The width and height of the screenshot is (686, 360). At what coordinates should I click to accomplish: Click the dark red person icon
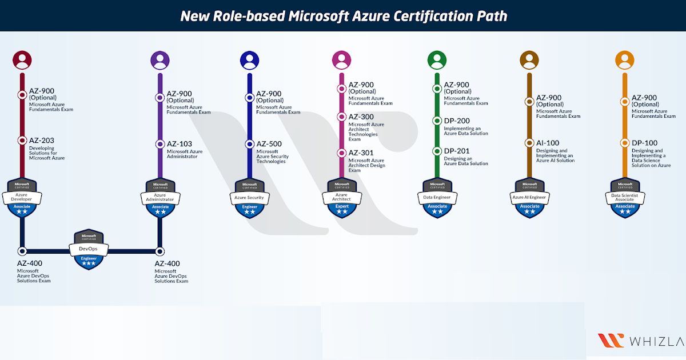pyautogui.click(x=22, y=60)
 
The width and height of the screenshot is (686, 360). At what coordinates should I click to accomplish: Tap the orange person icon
pyautogui.click(x=625, y=60)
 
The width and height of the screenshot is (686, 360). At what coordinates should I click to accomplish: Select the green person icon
pyautogui.click(x=437, y=60)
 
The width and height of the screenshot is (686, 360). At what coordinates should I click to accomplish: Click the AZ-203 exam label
pyautogui.click(x=41, y=141)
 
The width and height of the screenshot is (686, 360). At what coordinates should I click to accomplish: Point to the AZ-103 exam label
pyautogui.click(x=179, y=144)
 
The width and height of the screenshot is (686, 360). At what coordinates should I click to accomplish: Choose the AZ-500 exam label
pyautogui.click(x=269, y=144)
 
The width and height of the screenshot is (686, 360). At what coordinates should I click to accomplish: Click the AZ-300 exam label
pyautogui.click(x=361, y=117)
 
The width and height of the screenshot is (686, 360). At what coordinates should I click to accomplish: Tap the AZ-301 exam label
pyautogui.click(x=361, y=153)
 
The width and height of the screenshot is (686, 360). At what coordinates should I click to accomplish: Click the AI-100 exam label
pyautogui.click(x=547, y=143)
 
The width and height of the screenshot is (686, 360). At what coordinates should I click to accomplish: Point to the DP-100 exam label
pyautogui.click(x=644, y=143)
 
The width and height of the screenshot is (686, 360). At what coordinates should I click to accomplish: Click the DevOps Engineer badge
pyautogui.click(x=89, y=250)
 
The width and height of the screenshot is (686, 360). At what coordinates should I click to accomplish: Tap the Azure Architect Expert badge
pyautogui.click(x=342, y=198)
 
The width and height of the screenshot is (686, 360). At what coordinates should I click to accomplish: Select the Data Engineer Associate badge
pyautogui.click(x=437, y=198)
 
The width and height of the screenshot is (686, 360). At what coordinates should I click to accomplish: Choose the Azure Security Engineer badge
pyautogui.click(x=250, y=198)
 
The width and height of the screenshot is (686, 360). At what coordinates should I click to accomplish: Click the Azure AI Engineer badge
pyautogui.click(x=530, y=198)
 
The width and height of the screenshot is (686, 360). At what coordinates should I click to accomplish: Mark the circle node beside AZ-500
pyautogui.click(x=250, y=144)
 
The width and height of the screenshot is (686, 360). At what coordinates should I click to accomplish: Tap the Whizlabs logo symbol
pyautogui.click(x=611, y=340)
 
